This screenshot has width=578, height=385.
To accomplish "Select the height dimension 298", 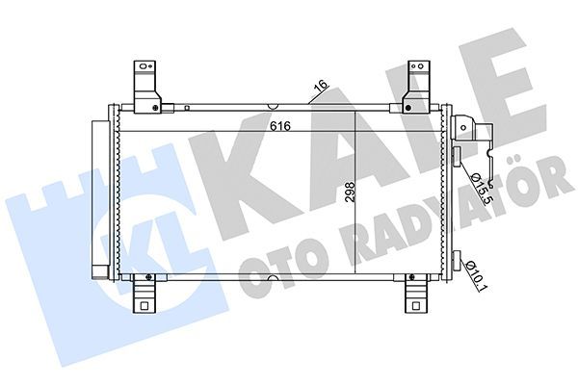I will coord(349,193).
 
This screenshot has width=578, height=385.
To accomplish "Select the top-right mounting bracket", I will coord(418,85).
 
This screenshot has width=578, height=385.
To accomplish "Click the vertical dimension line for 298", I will coord(357,192).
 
